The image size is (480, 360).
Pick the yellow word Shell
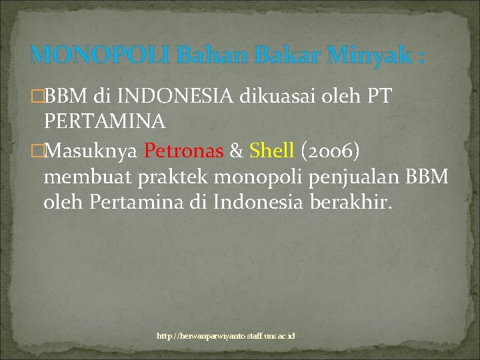click(271, 151)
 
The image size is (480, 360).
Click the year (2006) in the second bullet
click(331, 151)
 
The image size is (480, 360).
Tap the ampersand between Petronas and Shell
click(236, 151)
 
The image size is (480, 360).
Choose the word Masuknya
click(91, 152)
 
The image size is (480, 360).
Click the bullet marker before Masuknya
click(37, 152)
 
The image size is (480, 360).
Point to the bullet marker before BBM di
click(37, 97)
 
